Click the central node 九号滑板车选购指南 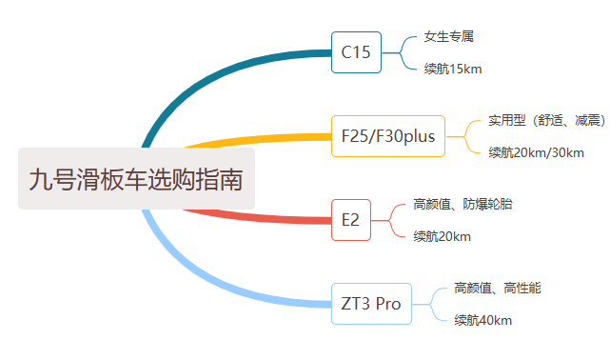point(136,178)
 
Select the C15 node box point(357,52)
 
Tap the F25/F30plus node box point(387,136)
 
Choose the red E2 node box point(351,220)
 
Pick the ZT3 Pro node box point(371,304)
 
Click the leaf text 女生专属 point(449,37)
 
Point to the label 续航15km point(452,69)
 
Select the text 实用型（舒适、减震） point(546,120)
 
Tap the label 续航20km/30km point(536,152)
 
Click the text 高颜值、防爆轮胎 point(467,204)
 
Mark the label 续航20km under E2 point(442,236)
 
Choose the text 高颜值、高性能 point(498,288)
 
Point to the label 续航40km point(482,320)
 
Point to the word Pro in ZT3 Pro point(388,305)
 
